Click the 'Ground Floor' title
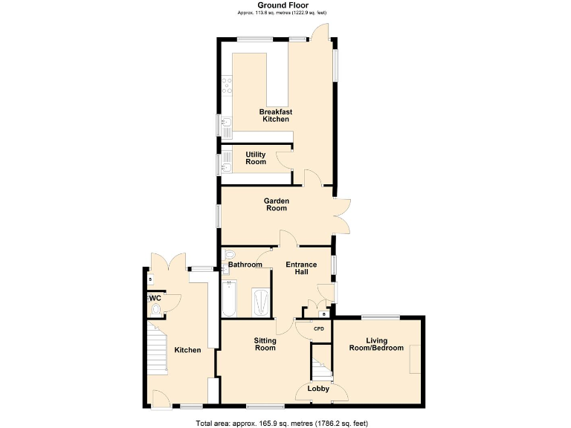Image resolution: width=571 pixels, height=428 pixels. [282, 5]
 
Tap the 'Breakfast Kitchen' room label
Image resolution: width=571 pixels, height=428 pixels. [275, 115]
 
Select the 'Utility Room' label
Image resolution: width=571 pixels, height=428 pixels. [256, 158]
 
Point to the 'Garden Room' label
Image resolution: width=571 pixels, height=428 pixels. [277, 204]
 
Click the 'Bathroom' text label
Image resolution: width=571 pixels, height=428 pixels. [245, 265]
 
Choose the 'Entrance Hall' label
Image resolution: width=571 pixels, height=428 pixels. [301, 269]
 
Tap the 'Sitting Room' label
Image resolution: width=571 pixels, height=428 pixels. [265, 344]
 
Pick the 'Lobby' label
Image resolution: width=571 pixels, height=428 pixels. [318, 388]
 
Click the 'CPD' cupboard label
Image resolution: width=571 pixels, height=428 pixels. [319, 328]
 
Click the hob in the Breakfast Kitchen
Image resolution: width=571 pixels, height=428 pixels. [227, 88]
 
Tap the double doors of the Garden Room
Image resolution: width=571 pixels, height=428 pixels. [342, 215]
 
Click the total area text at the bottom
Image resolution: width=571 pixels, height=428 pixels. [282, 423]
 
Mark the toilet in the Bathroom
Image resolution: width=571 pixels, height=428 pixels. [229, 255]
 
